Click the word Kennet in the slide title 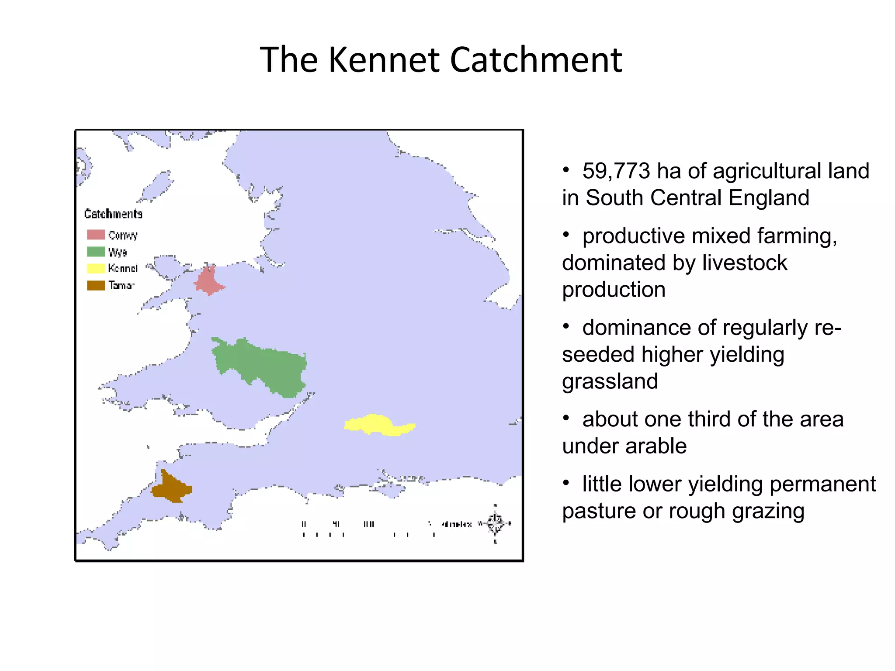tap(383, 60)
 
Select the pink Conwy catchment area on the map tap(208, 280)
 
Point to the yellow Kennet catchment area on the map tap(376, 424)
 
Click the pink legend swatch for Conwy tap(96, 235)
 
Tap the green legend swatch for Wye tap(96, 252)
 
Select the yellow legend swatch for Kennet tap(96, 268)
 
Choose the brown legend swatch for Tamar tap(96, 285)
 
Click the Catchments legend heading tap(113, 214)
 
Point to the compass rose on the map tap(495, 523)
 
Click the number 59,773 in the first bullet tap(616, 171)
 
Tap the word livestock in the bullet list tap(744, 263)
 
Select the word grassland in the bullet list tap(610, 381)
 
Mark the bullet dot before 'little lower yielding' tap(566, 483)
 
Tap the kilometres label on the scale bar tap(456, 524)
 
